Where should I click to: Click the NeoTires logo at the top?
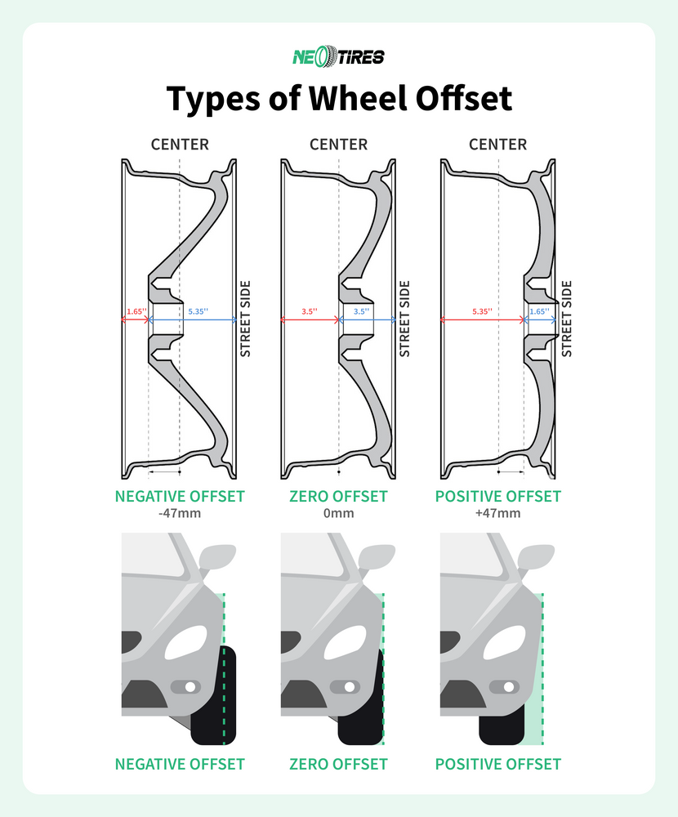338,56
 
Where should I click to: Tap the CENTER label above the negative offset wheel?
180,145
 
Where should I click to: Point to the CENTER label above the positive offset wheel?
498,145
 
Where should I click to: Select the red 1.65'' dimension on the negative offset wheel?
136,311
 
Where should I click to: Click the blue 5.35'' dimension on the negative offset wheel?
198,311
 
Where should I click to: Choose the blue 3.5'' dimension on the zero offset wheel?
360,311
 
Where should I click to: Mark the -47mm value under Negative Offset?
180,514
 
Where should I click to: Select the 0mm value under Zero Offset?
338,514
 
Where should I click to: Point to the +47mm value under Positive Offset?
498,514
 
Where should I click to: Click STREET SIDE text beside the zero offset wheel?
403,319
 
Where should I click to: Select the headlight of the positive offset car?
506,643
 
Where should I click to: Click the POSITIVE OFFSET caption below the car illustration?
498,765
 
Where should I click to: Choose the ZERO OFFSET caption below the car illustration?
338,765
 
